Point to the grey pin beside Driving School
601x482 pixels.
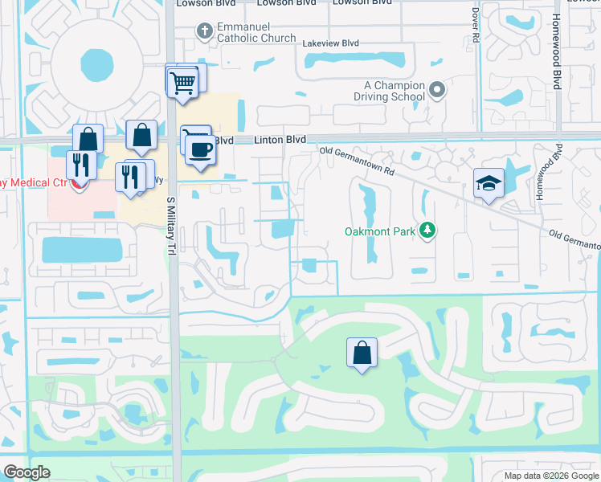coord(437,90)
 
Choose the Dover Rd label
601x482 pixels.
coord(476,26)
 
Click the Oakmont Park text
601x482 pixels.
coord(379,232)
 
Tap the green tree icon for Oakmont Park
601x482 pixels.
coord(428,231)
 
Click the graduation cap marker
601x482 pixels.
coord(489,184)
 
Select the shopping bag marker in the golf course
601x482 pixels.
coord(362,352)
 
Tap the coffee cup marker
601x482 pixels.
coord(199,148)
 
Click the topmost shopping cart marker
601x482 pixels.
coord(182,81)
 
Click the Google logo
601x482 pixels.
coord(27,472)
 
